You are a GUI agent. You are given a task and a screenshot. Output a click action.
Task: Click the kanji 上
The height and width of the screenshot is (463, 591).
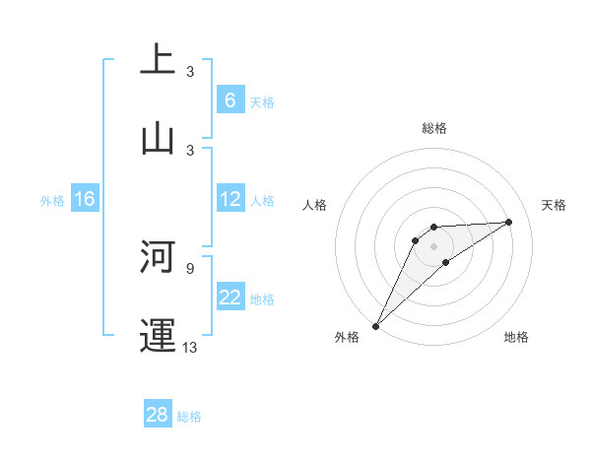pyautogui.click(x=158, y=58)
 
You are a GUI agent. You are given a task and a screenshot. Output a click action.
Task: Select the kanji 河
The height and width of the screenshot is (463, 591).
pyautogui.click(x=158, y=255)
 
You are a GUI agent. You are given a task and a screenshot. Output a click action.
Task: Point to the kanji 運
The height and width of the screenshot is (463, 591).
pyautogui.click(x=158, y=334)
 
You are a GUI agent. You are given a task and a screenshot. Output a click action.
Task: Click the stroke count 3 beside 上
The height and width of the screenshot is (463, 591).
pyautogui.click(x=190, y=72)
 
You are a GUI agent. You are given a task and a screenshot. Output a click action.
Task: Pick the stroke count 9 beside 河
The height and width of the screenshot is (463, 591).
pyautogui.click(x=190, y=267)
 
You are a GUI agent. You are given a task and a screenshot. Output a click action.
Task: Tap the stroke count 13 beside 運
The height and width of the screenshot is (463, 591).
pyautogui.click(x=190, y=347)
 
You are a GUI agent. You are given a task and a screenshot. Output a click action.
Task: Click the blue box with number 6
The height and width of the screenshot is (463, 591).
pyautogui.click(x=230, y=100)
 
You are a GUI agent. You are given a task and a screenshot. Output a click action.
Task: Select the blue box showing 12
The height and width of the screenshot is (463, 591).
pyautogui.click(x=230, y=199)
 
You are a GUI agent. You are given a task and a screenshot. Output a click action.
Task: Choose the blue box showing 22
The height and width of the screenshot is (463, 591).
pyautogui.click(x=230, y=298)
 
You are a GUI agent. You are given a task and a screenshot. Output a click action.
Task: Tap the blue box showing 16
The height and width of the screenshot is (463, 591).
pyautogui.click(x=85, y=199)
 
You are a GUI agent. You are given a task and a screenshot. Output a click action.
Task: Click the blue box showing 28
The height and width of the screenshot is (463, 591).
pyautogui.click(x=158, y=415)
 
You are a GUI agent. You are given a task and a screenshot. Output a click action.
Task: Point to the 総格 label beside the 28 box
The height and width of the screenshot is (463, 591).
pyautogui.click(x=189, y=417)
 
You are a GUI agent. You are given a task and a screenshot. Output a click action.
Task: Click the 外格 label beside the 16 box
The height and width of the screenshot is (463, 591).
pyautogui.click(x=52, y=201)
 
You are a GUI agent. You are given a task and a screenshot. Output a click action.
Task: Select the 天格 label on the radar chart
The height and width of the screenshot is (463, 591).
pyautogui.click(x=555, y=205)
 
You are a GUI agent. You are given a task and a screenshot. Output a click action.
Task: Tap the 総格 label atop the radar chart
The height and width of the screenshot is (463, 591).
pyautogui.click(x=434, y=128)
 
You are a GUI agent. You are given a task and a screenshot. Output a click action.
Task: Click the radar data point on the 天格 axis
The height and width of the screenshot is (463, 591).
pyautogui.click(x=509, y=222)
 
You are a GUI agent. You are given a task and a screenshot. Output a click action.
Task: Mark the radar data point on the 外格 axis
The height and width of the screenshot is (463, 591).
pyautogui.click(x=375, y=326)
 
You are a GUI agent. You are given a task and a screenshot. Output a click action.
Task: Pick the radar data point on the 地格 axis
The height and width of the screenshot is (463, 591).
pyautogui.click(x=446, y=262)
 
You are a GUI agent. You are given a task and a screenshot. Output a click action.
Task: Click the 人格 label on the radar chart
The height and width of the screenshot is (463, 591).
pyautogui.click(x=315, y=205)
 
